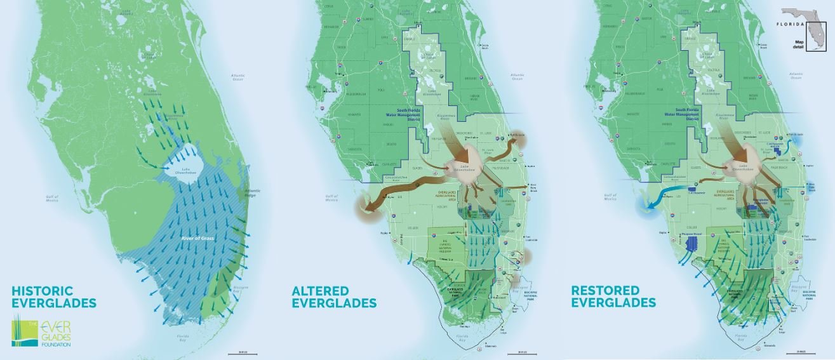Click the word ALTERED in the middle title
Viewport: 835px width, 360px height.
[321, 291]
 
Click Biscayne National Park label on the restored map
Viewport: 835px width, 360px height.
[802, 304]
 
